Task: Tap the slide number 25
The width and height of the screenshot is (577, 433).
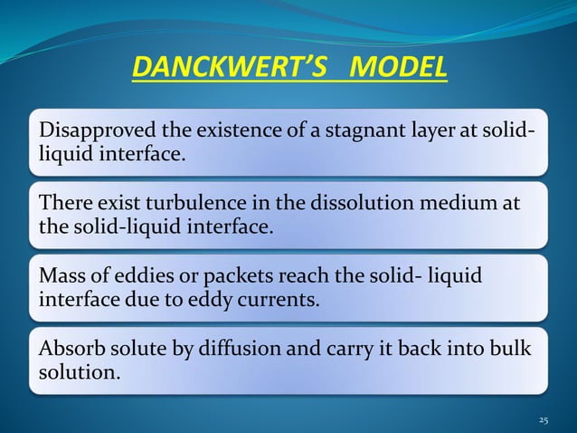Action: click(x=543, y=419)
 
